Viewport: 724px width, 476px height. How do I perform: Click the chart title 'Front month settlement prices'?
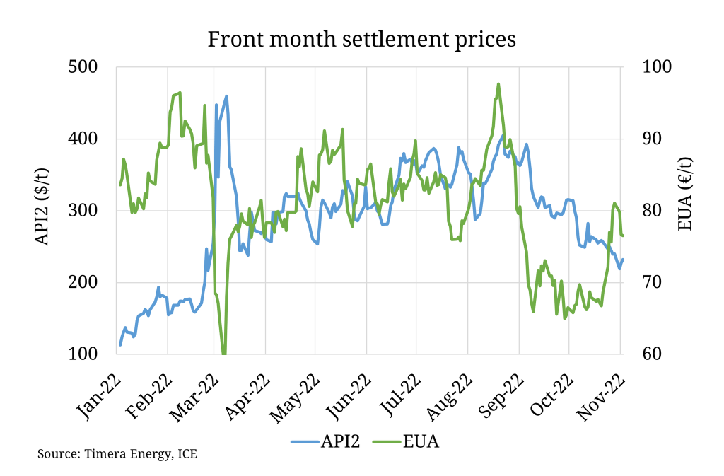(x=361, y=39)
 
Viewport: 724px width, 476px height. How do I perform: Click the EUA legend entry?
(x=410, y=442)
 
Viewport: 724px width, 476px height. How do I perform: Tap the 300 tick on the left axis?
(x=91, y=211)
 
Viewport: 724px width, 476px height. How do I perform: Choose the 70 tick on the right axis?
(x=650, y=283)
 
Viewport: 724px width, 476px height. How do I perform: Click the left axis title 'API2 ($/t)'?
(x=43, y=210)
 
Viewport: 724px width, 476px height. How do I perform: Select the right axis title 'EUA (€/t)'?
(x=684, y=210)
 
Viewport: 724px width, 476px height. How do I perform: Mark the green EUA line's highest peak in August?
(x=498, y=83)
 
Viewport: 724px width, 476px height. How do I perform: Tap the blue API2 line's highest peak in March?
(x=226, y=96)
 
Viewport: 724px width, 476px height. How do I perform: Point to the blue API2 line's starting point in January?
(x=120, y=344)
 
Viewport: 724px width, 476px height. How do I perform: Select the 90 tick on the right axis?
(x=650, y=139)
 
